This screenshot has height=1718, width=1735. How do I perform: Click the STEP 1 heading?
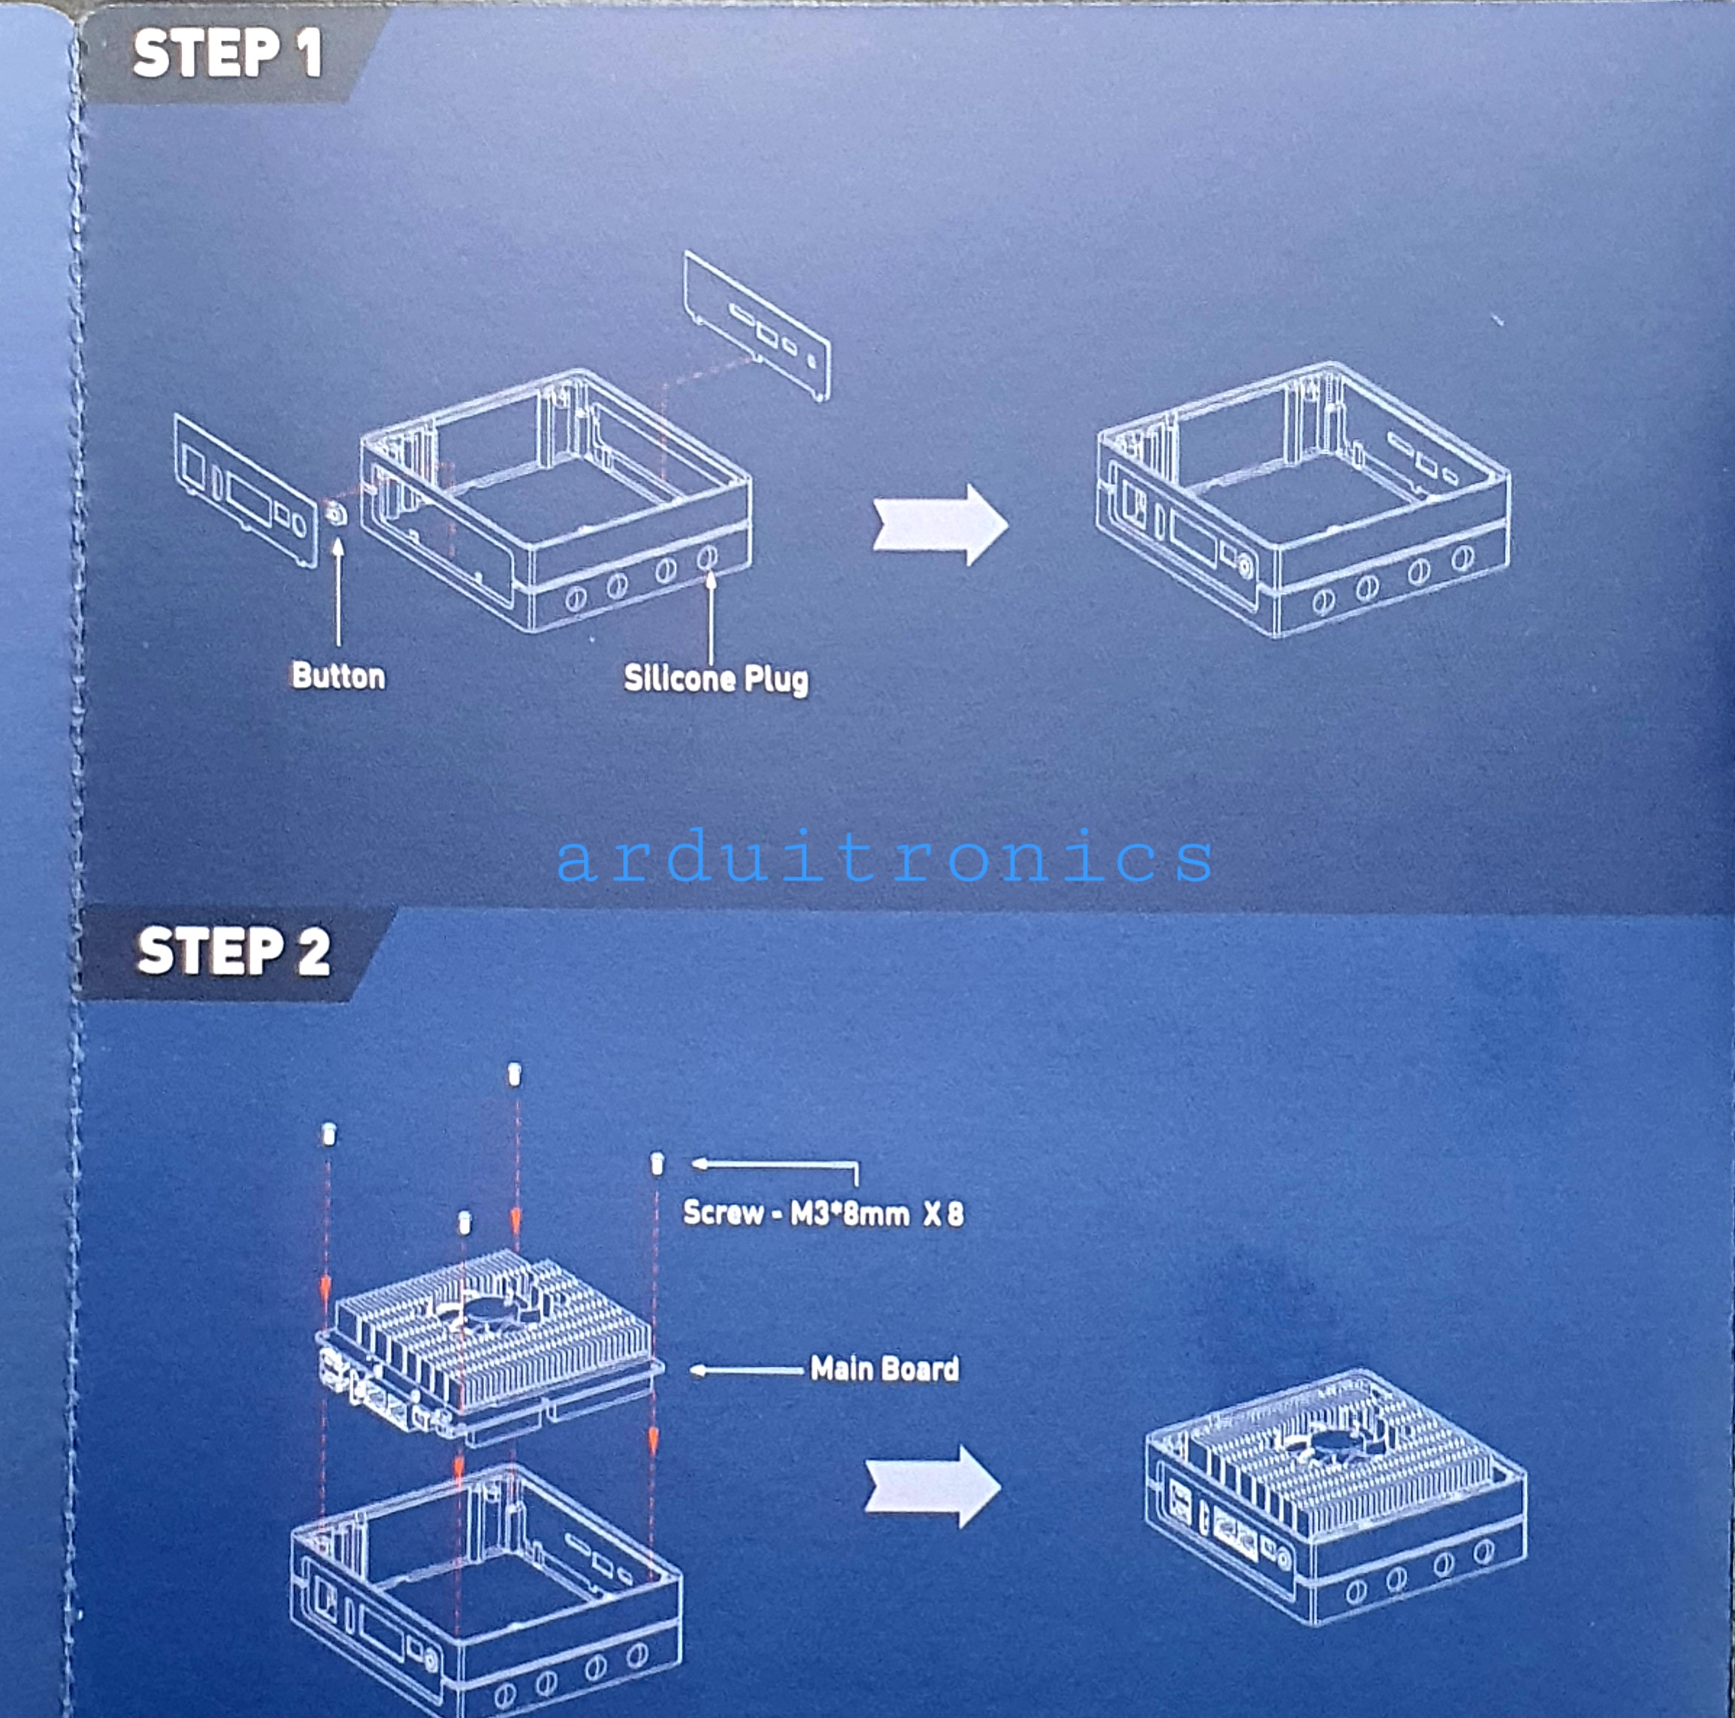[226, 54]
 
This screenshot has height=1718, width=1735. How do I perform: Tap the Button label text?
[337, 676]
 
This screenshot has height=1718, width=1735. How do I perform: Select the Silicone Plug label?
[716, 679]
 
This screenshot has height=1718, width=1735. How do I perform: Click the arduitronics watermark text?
[884, 858]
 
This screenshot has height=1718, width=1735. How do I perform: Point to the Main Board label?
[884, 1369]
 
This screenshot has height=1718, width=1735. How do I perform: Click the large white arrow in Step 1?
[939, 525]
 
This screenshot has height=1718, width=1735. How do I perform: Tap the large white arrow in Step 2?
[932, 1487]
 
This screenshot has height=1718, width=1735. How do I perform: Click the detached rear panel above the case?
[756, 326]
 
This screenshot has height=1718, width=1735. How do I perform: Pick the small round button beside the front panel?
[337, 515]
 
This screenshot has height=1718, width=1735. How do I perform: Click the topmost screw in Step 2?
[515, 1074]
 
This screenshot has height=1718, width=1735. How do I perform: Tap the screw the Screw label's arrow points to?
[657, 1165]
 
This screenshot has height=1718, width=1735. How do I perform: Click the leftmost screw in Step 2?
[328, 1135]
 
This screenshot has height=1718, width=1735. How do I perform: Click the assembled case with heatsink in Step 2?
[1334, 1496]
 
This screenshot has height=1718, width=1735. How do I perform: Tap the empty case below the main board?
[485, 1589]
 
